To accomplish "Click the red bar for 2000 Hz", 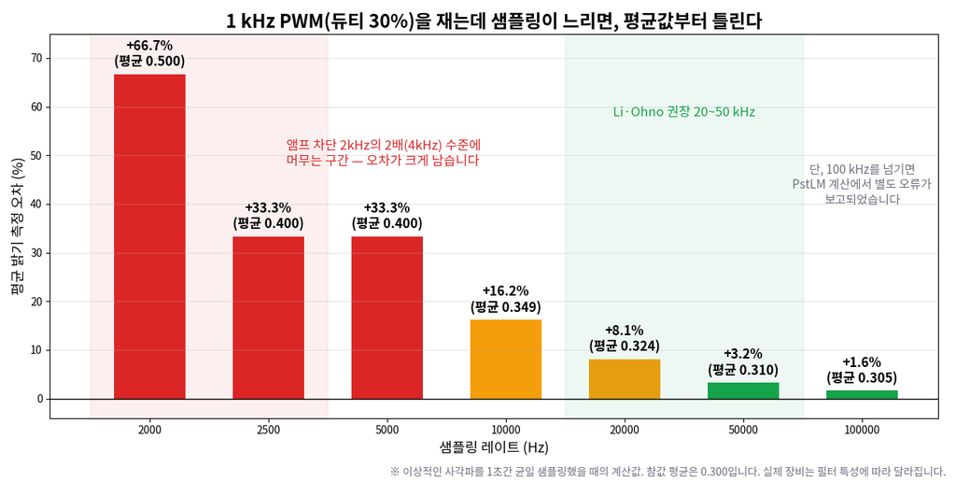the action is tap(149, 236).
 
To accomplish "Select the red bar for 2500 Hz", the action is tap(268, 318).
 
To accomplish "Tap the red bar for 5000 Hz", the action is tap(387, 318).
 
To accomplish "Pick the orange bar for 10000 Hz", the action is tap(506, 359).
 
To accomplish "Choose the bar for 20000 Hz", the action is tap(625, 379).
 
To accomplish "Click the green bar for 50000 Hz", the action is tap(743, 390).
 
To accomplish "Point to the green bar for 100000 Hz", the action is tap(862, 395).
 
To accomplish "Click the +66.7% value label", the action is tap(149, 45).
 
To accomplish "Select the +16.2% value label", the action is tap(505, 290).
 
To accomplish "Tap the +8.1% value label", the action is tap(625, 331).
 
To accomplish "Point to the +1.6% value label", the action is tap(862, 362).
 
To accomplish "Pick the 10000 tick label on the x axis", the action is tap(506, 430).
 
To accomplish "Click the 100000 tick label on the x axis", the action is tap(862, 430).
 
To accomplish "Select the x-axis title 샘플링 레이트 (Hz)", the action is tap(494, 447).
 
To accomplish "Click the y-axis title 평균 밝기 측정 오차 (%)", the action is tap(19, 226).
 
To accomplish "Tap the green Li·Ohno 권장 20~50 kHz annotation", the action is tap(684, 112).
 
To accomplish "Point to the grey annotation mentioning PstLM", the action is tap(862, 184).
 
